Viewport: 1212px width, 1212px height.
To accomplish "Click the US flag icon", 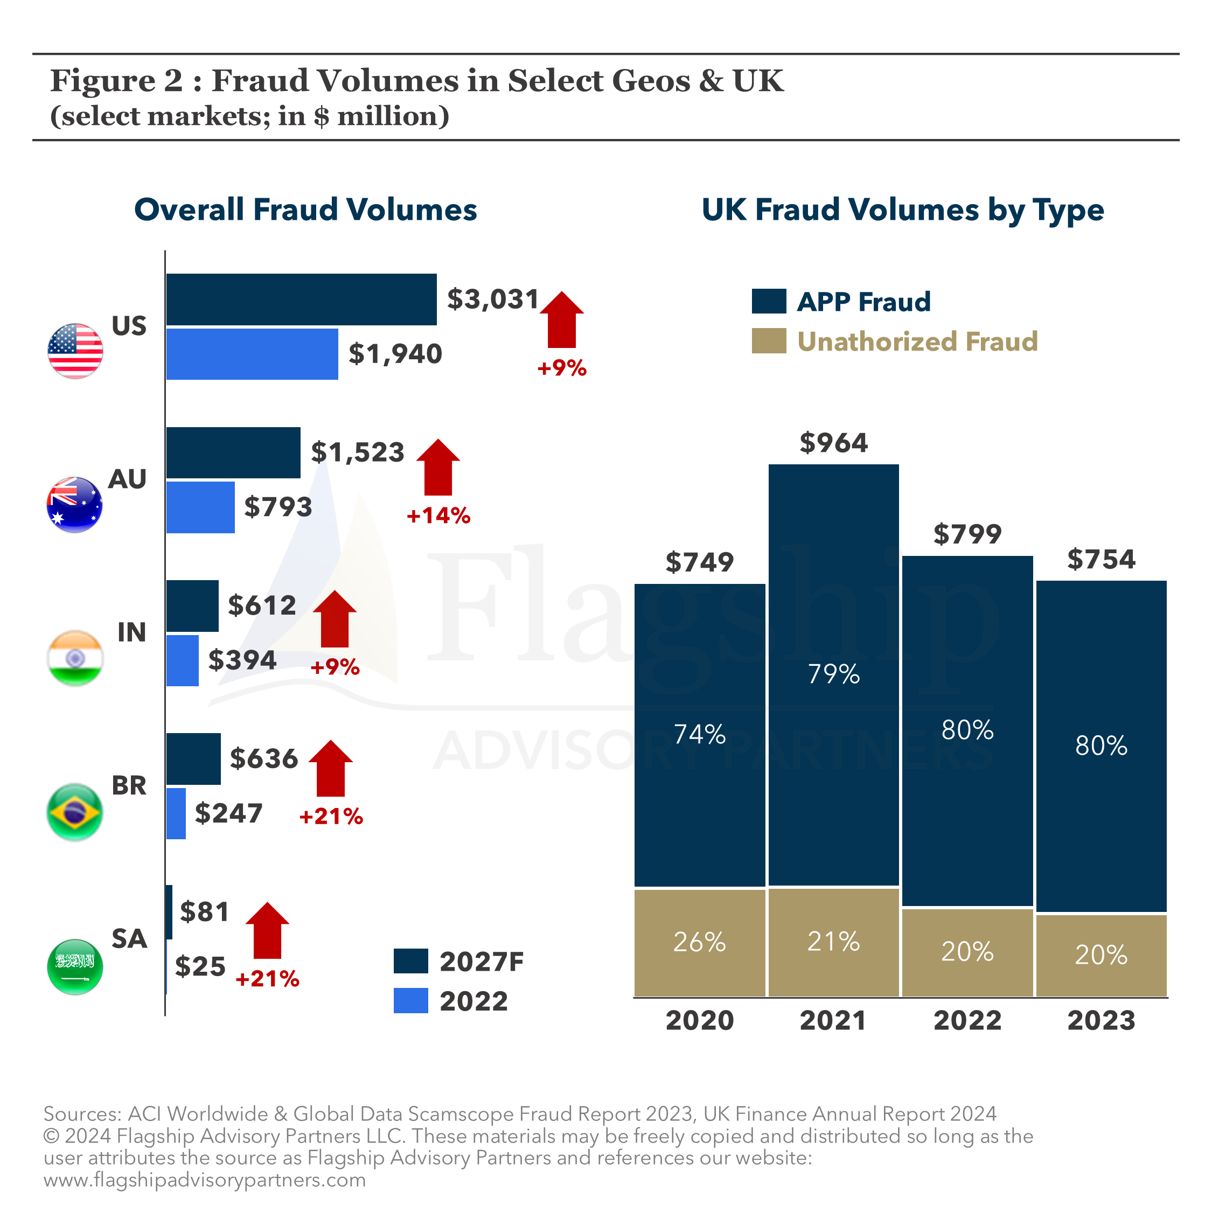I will pos(75,351).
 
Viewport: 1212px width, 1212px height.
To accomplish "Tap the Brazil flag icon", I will pos(75,812).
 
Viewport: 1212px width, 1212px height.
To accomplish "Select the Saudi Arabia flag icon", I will pos(75,966).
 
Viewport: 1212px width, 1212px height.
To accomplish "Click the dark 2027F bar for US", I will pos(301,299).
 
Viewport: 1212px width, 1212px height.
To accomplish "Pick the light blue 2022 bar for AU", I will pos(200,507).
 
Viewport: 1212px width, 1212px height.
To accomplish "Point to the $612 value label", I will pos(262,605).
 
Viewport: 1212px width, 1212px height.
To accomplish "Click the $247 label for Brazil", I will pos(228,813).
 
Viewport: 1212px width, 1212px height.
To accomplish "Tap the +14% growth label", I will pos(438,516).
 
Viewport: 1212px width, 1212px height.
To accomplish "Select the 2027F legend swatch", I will pos(411,960).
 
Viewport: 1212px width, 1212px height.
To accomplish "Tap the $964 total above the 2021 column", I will pos(833,443).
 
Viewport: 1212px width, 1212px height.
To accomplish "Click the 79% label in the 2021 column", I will pos(833,674).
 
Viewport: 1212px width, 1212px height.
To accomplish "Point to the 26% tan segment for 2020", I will pos(700,942).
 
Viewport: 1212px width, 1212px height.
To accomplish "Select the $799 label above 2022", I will pos(967,534).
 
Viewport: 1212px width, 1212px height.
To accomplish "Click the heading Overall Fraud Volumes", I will pos(305,210).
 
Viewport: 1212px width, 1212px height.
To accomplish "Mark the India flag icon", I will pos(75,658).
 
